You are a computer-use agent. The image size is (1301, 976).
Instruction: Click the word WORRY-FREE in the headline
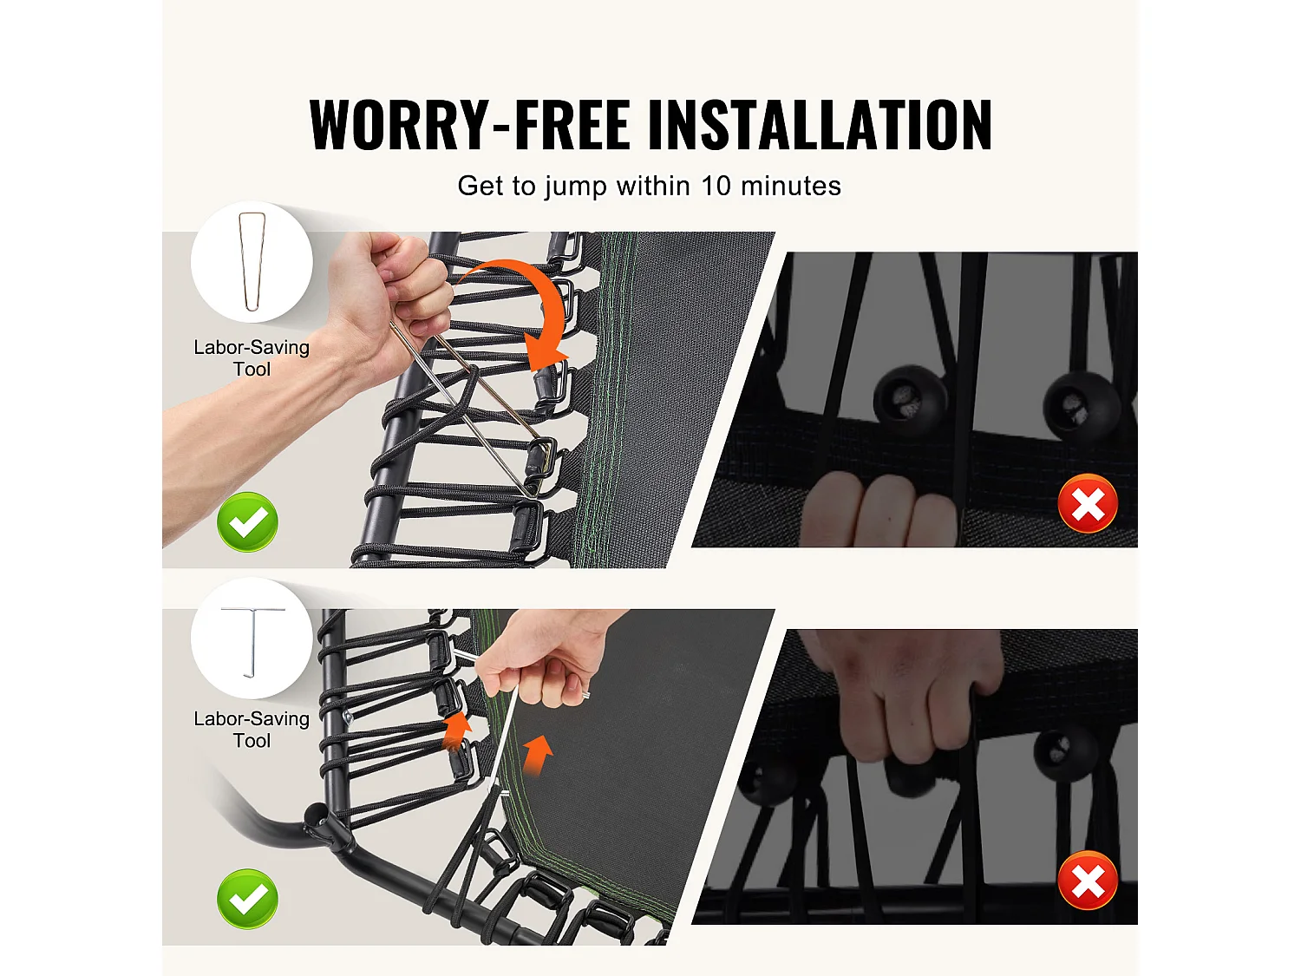pyautogui.click(x=469, y=124)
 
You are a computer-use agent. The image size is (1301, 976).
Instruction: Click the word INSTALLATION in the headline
pyautogui.click(x=820, y=124)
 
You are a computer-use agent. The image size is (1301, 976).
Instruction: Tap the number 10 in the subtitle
pyautogui.click(x=716, y=186)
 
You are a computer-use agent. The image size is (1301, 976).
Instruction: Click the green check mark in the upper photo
pyautogui.click(x=247, y=522)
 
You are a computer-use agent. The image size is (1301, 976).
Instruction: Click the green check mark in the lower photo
pyautogui.click(x=247, y=899)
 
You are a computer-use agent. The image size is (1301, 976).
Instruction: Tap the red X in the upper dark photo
pyautogui.click(x=1088, y=504)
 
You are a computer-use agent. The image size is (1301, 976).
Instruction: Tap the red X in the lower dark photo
pyautogui.click(x=1088, y=881)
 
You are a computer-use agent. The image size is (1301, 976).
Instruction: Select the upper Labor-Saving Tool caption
pyautogui.click(x=252, y=358)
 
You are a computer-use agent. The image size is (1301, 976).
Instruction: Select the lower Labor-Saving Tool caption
pyautogui.click(x=252, y=730)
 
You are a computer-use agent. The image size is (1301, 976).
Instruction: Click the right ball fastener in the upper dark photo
pyautogui.click(x=1081, y=406)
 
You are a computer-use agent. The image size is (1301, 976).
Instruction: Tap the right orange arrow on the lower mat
pyautogui.click(x=539, y=755)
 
